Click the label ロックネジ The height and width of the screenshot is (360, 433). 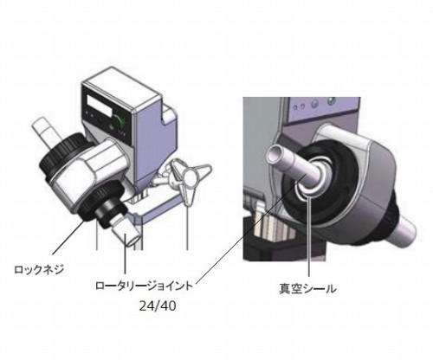pyautogui.click(x=39, y=270)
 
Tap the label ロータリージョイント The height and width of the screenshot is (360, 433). pyautogui.click(x=144, y=286)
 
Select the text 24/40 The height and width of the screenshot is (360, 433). pyautogui.click(x=158, y=306)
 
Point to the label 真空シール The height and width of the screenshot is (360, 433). pyautogui.click(x=307, y=289)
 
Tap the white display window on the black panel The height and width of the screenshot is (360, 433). pyautogui.click(x=100, y=104)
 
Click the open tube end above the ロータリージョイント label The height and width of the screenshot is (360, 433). pyautogui.click(x=133, y=240)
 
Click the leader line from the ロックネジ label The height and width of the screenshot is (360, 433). pyautogui.click(x=69, y=237)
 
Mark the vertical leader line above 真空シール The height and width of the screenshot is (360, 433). pyautogui.click(x=309, y=236)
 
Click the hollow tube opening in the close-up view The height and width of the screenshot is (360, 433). pyautogui.click(x=275, y=152)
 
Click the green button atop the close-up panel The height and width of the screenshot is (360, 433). pyautogui.click(x=332, y=100)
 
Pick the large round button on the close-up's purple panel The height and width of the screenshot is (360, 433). pyautogui.click(x=314, y=103)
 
